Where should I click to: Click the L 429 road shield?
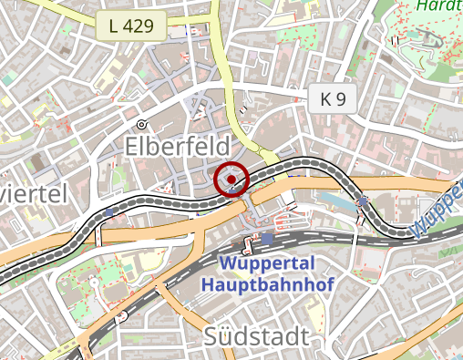point(131,27)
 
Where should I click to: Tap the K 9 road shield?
point(333,100)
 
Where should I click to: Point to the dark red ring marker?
point(232,180)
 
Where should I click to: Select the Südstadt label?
point(256,335)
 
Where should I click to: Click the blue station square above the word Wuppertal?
point(267,238)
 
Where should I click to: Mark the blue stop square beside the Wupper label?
point(364,201)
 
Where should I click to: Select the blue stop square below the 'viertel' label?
point(109,212)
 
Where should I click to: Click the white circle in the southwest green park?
point(119,317)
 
